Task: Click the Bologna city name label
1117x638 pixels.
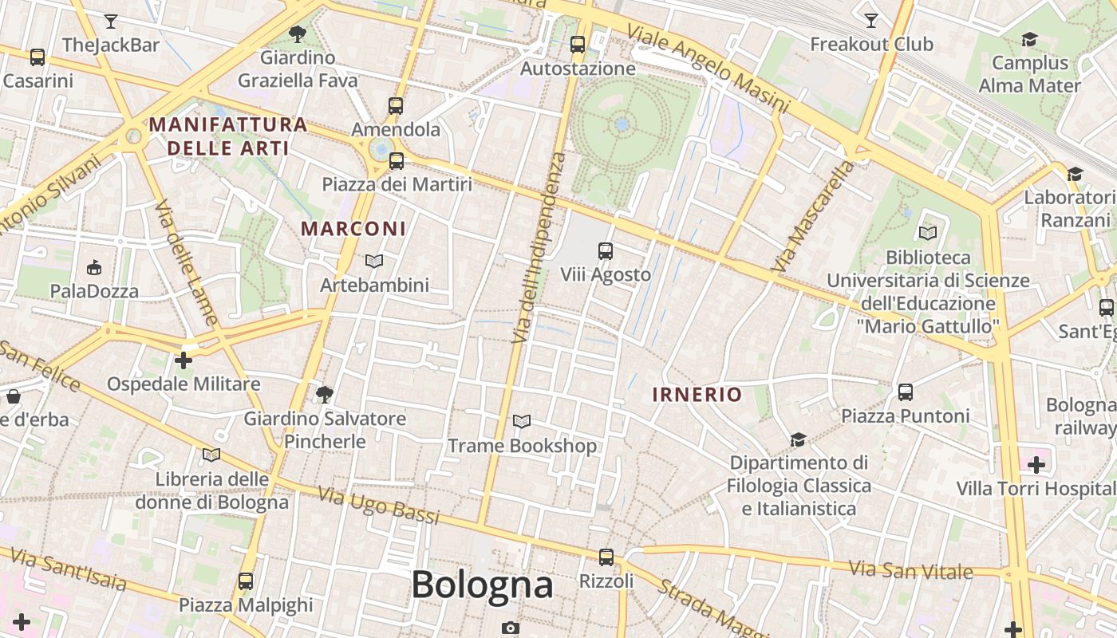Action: click(482, 585)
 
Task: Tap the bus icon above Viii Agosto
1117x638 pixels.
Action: click(606, 251)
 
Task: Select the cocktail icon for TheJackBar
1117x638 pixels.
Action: click(111, 22)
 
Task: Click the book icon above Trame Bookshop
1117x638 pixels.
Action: click(522, 421)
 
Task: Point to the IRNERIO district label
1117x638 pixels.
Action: click(697, 394)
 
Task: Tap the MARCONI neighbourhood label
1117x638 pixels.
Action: click(353, 229)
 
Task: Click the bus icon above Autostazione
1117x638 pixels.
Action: click(578, 45)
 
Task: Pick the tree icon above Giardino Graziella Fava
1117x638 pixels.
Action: click(298, 33)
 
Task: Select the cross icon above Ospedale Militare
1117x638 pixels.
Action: click(184, 360)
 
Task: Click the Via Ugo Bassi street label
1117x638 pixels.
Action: click(379, 506)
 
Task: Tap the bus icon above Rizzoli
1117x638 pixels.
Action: click(606, 557)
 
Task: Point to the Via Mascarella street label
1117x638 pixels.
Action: click(812, 216)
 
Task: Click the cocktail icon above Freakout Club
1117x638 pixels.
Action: click(871, 21)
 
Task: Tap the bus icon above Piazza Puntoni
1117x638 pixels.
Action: click(905, 392)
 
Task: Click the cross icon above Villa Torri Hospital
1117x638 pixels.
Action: click(1036, 464)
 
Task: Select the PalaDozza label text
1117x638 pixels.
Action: click(94, 291)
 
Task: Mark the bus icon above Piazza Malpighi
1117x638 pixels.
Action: click(246, 581)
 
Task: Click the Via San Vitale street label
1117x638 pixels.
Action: click(910, 570)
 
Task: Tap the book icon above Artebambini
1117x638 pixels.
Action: click(374, 261)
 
